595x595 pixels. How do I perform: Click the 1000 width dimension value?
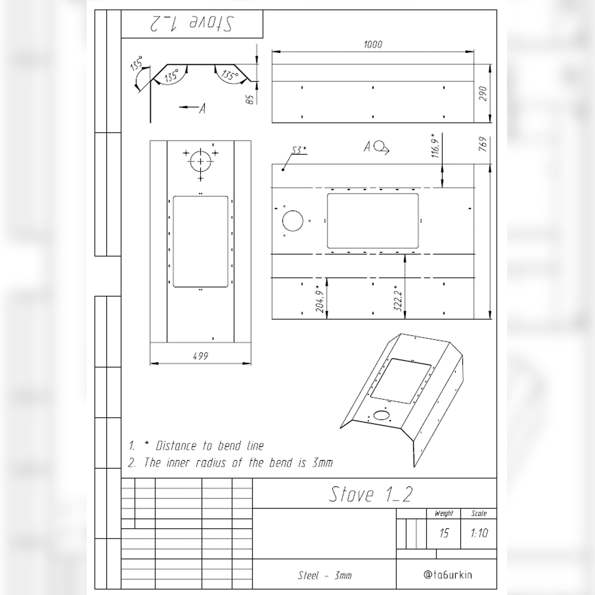click(373, 45)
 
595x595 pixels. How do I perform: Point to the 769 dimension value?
click(483, 144)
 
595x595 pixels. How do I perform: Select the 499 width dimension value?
click(200, 356)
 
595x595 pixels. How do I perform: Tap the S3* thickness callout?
click(299, 150)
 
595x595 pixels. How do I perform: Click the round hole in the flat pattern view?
click(293, 221)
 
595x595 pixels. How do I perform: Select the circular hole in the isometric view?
click(381, 415)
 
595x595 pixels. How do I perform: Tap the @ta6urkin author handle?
click(448, 575)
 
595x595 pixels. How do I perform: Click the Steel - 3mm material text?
click(325, 575)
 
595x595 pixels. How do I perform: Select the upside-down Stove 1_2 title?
click(192, 24)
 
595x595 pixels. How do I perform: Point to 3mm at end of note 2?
click(322, 463)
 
